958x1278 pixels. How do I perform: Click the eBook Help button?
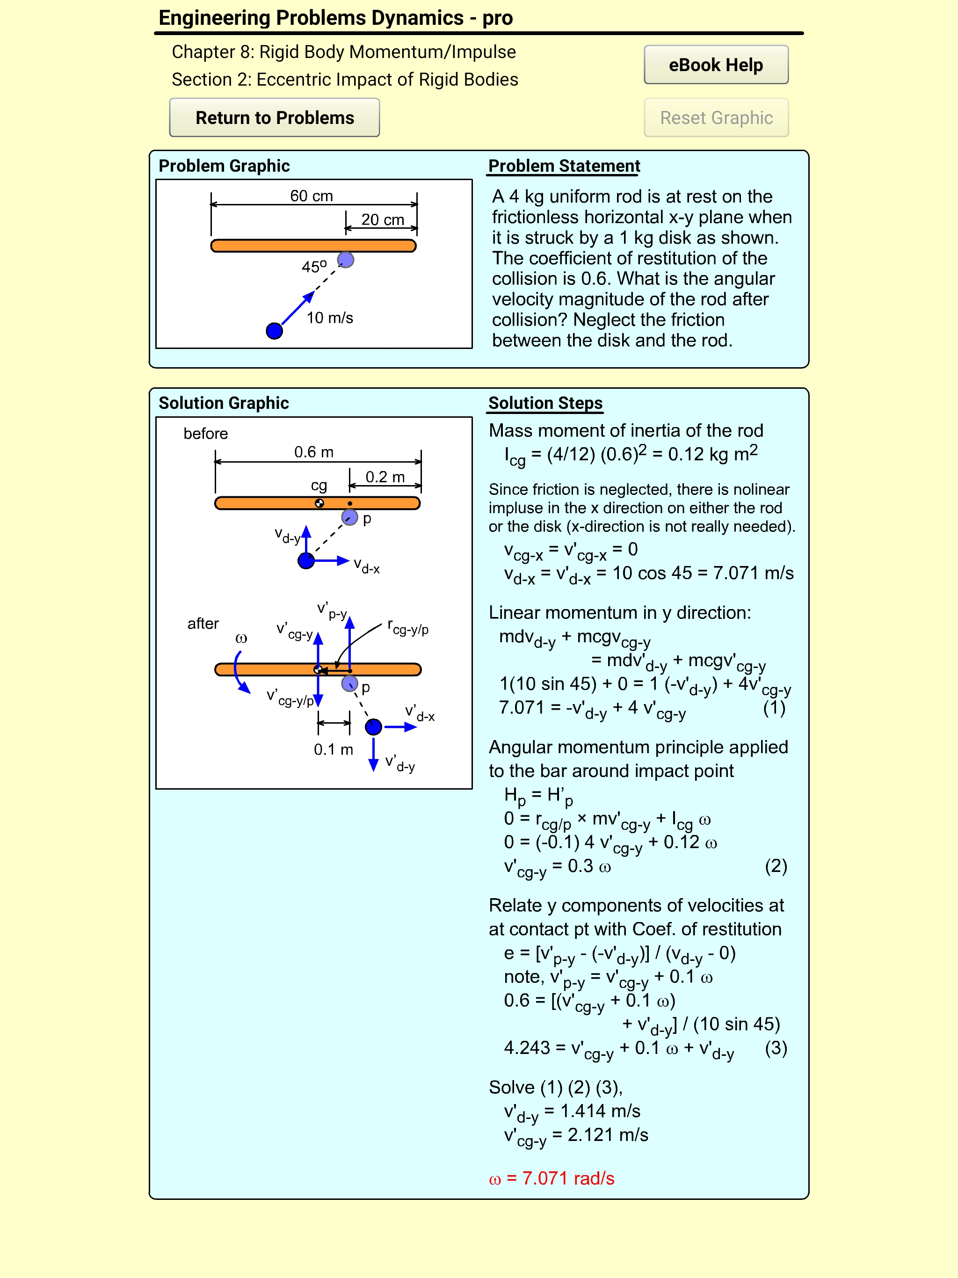tap(715, 65)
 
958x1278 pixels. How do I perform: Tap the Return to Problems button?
tap(275, 118)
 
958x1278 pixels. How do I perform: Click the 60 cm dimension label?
tap(312, 196)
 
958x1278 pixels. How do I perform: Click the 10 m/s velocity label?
tap(329, 318)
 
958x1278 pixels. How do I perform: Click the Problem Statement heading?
tap(564, 166)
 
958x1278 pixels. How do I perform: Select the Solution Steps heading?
tap(545, 403)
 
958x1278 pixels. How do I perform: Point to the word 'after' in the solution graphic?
tap(203, 624)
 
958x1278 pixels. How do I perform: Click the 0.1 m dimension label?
tap(334, 749)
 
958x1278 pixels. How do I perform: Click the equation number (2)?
tap(776, 865)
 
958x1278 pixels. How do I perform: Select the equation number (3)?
tap(776, 1047)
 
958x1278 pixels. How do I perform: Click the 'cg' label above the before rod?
tap(319, 485)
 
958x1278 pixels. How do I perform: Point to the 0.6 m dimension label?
tap(314, 452)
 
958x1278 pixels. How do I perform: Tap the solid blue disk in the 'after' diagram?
tap(373, 727)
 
